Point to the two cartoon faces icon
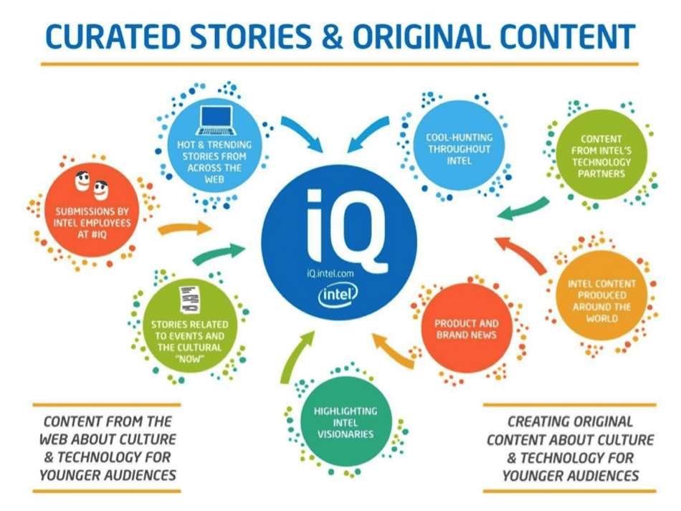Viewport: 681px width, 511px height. click(92, 188)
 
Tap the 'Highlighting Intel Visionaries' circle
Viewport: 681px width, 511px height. click(345, 422)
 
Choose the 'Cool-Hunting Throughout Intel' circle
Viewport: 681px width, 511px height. click(459, 148)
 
